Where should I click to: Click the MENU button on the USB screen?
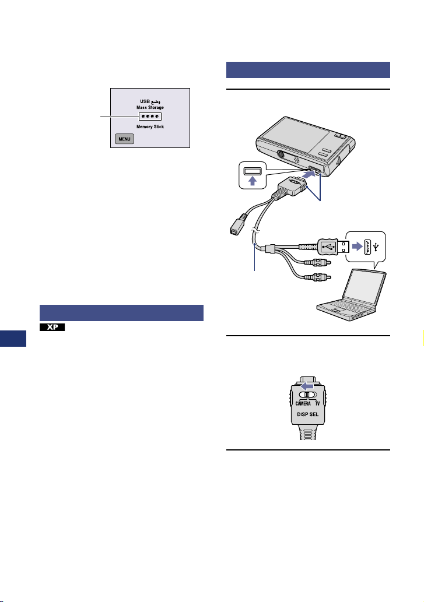pos(124,139)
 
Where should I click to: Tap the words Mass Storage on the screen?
pos(150,107)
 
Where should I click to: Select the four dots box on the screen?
pos(150,117)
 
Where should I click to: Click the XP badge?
pos(52,328)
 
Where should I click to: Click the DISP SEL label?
pos(308,416)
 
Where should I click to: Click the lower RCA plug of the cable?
pos(320,277)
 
